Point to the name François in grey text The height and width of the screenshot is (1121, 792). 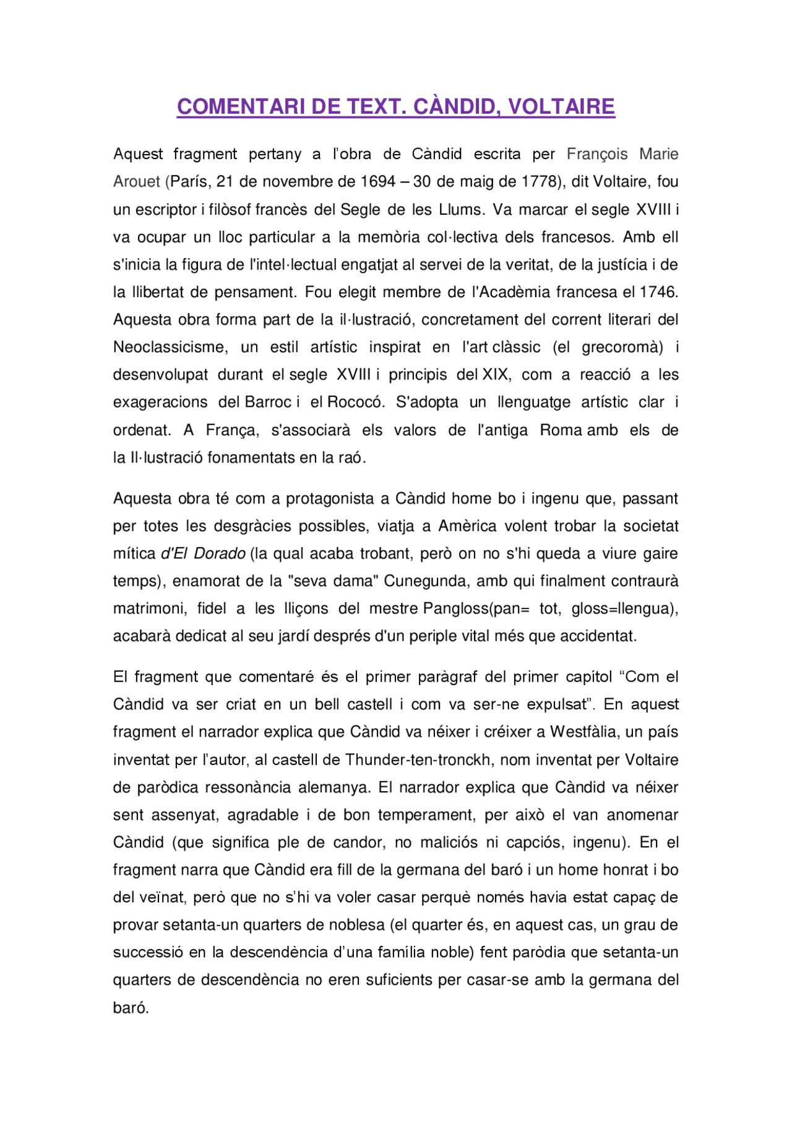(x=597, y=154)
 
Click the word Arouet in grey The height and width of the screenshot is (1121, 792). (x=137, y=182)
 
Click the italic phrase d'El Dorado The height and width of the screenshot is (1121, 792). (x=204, y=553)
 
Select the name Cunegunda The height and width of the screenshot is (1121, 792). (x=424, y=581)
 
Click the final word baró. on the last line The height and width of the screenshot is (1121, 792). (x=131, y=1008)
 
